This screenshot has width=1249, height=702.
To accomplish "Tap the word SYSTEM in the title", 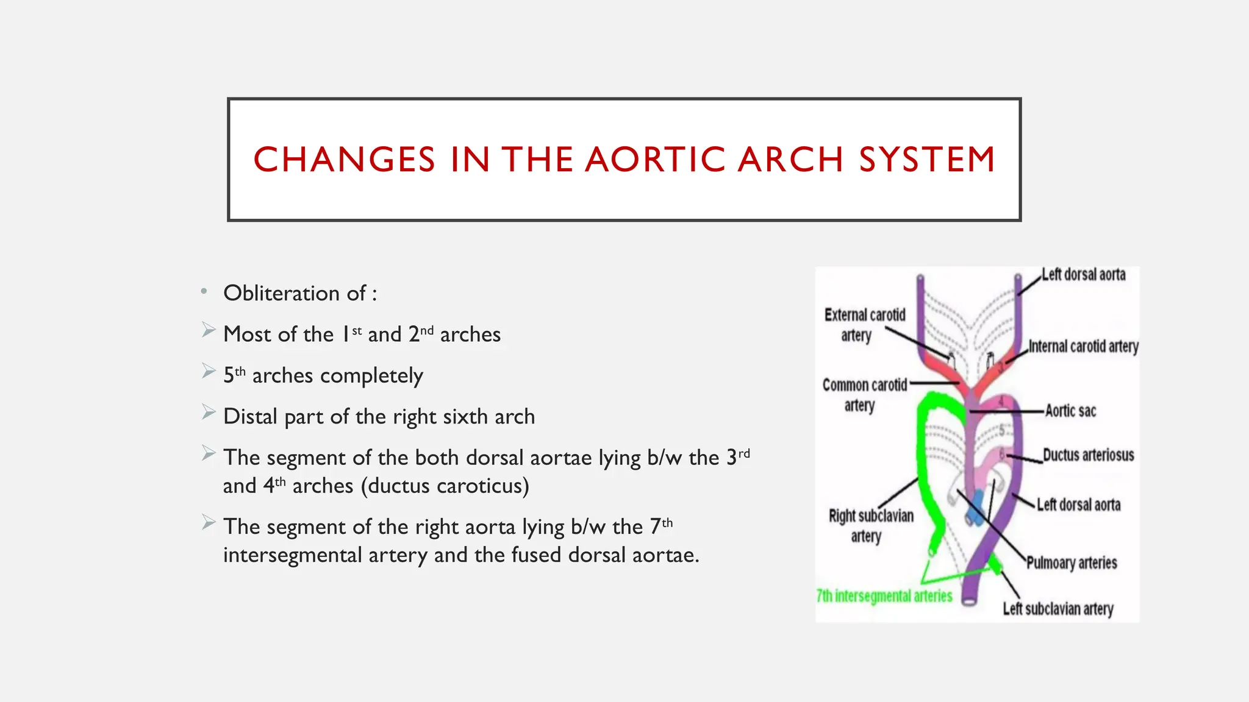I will click(927, 160).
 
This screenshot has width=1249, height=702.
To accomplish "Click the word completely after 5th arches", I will click(371, 376).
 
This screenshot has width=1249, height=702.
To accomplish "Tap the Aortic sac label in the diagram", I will click(1070, 411).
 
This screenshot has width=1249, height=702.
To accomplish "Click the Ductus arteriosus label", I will click(1088, 455).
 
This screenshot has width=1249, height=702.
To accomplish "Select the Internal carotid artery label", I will click(1083, 346).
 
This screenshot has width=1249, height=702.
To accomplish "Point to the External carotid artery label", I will click(864, 325).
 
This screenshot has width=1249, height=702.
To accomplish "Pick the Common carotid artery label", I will click(864, 395).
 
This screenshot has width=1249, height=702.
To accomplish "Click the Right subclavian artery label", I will click(870, 525).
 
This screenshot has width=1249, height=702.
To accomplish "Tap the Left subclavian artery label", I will click(1058, 609).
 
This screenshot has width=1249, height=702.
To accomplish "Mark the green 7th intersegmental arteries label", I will click(884, 596).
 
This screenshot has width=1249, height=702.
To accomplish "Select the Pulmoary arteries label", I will click(1071, 562).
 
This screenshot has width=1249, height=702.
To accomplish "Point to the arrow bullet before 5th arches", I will click(209, 371).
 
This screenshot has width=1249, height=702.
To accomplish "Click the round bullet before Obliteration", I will click(204, 292).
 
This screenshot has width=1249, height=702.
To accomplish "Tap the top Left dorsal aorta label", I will click(1083, 275).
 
